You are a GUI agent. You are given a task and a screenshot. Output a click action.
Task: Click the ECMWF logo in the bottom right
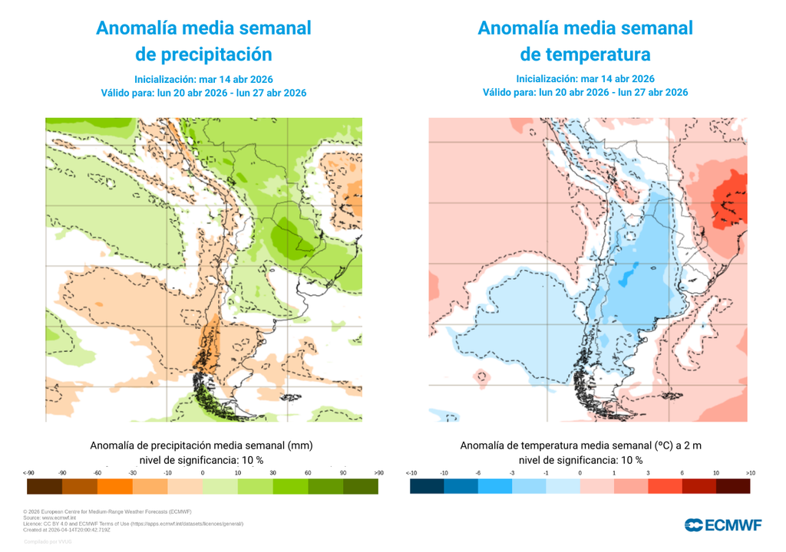point(723,524)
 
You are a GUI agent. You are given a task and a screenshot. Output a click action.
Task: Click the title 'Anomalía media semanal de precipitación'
point(203,41)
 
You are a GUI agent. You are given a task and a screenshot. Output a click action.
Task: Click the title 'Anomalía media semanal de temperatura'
point(585,41)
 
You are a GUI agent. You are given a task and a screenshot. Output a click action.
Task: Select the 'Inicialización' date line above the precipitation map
point(203,79)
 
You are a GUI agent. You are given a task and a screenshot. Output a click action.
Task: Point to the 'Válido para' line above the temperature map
point(585,92)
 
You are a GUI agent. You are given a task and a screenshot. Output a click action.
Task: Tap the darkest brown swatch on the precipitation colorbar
point(44,486)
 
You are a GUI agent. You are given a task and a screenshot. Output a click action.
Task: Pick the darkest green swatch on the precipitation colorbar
point(361,486)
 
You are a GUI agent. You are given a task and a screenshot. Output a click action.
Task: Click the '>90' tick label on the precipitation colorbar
point(378,472)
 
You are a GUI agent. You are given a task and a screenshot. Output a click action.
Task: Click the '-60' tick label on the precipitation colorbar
point(97,472)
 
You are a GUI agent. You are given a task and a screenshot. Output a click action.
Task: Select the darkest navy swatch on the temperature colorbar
point(427,486)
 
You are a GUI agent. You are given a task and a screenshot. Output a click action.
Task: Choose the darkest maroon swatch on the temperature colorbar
point(734,486)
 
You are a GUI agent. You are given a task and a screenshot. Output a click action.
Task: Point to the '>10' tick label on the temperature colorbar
point(750,472)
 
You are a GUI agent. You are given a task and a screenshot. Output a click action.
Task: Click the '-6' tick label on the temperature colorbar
point(477,472)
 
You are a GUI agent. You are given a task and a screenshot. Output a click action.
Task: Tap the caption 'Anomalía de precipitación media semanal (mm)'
point(202,445)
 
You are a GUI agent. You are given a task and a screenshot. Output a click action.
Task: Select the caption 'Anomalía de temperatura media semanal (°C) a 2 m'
point(580,445)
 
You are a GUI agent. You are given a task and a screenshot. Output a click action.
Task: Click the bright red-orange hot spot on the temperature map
point(728,203)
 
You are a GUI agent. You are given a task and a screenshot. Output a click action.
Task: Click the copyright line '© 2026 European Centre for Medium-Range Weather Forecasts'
point(107,511)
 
